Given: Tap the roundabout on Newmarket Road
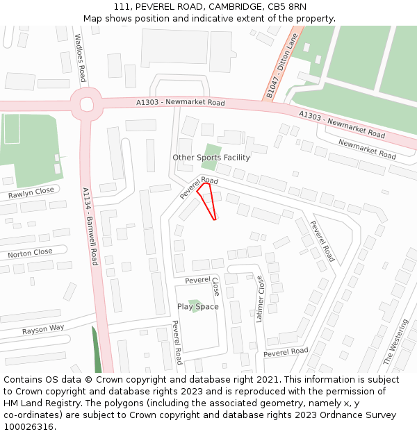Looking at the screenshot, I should click(x=87, y=105).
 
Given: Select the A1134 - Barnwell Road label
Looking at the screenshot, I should click(x=90, y=226).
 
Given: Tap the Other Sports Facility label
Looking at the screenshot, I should click(x=211, y=158).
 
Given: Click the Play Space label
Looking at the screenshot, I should click(x=197, y=306).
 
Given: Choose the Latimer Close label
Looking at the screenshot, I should click(x=261, y=299).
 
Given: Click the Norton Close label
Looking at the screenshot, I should click(x=30, y=253).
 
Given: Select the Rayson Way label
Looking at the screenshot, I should click(x=42, y=328).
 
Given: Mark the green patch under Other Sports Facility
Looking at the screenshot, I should click(x=211, y=153).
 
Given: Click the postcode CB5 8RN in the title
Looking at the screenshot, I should click(x=288, y=7).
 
